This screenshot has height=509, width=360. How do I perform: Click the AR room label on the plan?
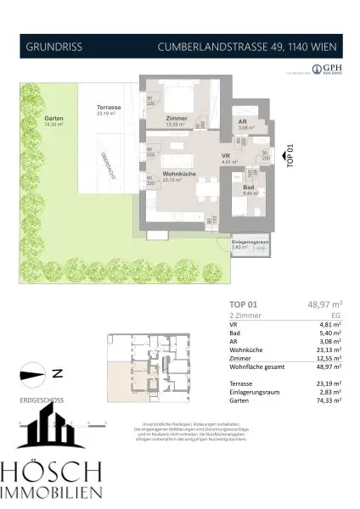click(x=243, y=122)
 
